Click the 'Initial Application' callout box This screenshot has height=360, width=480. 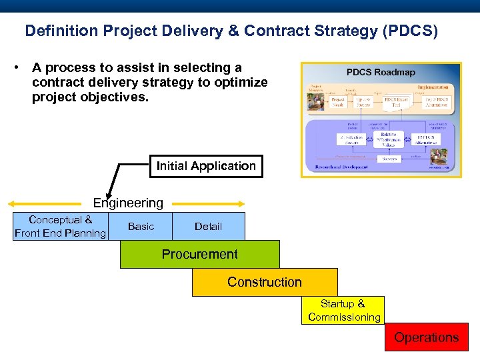(206, 166)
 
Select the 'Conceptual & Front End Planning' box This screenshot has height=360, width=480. (60, 227)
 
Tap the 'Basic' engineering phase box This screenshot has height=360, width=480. (141, 227)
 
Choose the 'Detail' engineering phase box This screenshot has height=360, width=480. (208, 227)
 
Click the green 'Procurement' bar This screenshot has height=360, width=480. (199, 255)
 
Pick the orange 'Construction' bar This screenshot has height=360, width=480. (265, 282)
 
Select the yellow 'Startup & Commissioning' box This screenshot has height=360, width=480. (343, 311)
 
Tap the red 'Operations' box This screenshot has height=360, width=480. (426, 337)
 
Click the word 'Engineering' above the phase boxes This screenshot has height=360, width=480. (128, 203)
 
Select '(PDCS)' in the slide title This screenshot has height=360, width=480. (405, 31)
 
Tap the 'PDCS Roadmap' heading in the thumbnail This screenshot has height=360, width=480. (381, 72)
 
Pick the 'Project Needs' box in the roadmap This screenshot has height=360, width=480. (338, 101)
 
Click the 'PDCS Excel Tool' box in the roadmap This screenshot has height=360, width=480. (396, 101)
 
